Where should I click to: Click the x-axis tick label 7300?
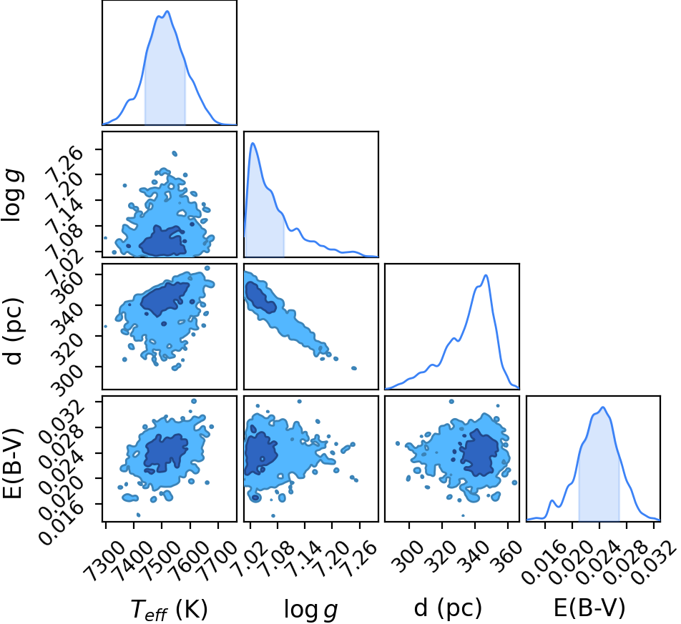click(x=102, y=558)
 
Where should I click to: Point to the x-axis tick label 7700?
click(x=215, y=558)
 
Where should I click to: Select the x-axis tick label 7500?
click(x=159, y=558)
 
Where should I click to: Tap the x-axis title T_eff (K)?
click(x=170, y=609)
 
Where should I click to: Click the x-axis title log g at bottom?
click(x=311, y=609)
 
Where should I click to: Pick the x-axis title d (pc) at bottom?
click(x=448, y=608)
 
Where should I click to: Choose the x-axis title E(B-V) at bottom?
click(x=589, y=608)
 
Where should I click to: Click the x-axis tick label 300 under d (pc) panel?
click(x=408, y=555)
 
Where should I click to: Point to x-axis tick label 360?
click(x=506, y=555)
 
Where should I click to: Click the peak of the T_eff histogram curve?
click(x=167, y=11)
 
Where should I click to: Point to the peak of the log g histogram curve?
click(x=253, y=143)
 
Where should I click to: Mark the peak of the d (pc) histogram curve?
click(x=486, y=275)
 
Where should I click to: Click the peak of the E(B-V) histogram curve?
click(x=603, y=407)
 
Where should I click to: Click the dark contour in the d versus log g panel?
click(x=260, y=297)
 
